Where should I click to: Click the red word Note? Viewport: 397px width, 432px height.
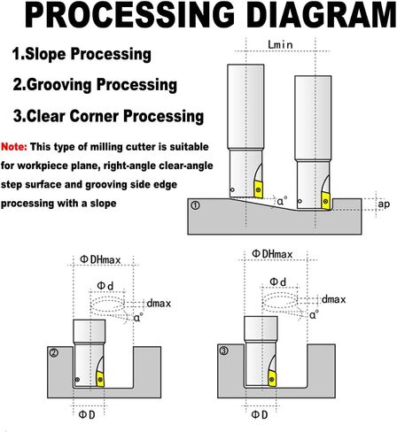coord(14,147)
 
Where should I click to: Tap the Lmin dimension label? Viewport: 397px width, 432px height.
coord(280,45)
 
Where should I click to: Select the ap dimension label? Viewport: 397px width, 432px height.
coord(384,204)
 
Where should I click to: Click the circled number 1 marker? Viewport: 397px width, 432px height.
coord(195,205)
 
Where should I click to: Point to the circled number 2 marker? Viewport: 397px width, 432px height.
coord(54,352)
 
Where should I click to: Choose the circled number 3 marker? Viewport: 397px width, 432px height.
coord(223,351)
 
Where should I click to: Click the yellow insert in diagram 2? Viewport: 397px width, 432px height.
coord(100,379)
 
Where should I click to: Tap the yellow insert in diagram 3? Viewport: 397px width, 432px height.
coord(272,379)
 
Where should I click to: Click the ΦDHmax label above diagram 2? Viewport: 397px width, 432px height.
coord(101,259)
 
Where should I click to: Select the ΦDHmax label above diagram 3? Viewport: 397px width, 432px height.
coord(272,254)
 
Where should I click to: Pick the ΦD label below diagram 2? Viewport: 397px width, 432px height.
coord(87,415)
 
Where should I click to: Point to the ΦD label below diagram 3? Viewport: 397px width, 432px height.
coord(260,415)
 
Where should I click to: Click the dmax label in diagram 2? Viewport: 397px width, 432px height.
coord(159,303)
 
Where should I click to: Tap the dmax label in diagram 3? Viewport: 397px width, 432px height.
coord(333,299)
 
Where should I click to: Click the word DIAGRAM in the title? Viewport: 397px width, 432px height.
coord(323,14)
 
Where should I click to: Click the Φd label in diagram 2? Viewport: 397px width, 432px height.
coord(105,286)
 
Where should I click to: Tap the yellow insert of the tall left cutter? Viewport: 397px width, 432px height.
coord(259,189)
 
